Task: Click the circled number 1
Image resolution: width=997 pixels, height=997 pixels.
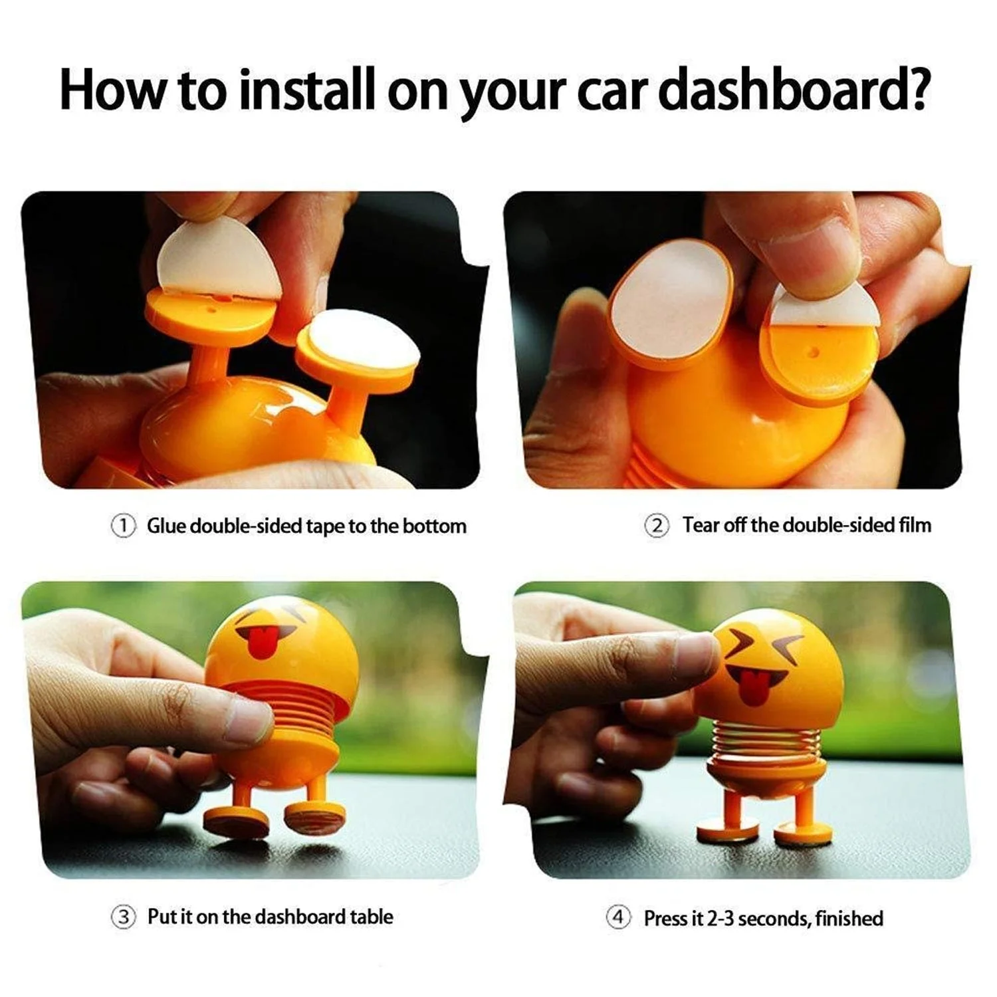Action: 123,526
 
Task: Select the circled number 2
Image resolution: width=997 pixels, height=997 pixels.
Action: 657,526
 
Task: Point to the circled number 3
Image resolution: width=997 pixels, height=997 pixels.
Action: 123,918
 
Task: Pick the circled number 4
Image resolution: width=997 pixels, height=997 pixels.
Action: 618,918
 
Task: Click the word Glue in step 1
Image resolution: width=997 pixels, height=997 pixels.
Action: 166,526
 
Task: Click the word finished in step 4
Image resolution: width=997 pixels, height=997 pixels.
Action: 849,919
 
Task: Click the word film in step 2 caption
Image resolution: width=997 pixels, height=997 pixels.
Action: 915,525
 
